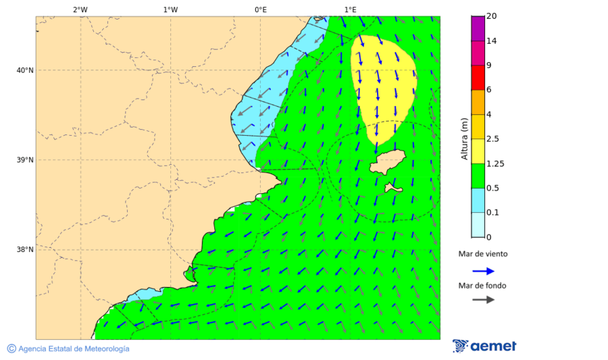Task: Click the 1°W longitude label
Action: point(170,9)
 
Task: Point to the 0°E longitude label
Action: point(260,9)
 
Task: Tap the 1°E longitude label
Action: point(351,9)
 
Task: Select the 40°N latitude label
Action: point(25,70)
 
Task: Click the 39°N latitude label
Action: point(25,160)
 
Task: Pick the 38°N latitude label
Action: point(25,250)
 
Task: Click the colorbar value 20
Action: point(492,16)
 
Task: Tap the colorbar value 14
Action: point(492,41)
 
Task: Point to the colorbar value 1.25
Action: point(496,163)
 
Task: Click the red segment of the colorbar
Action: point(478,78)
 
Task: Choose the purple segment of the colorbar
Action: point(478,28)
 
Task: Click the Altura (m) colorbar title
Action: point(465,138)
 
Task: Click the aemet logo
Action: point(484,346)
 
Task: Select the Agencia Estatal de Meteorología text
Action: point(73,349)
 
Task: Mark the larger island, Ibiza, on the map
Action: point(387,163)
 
